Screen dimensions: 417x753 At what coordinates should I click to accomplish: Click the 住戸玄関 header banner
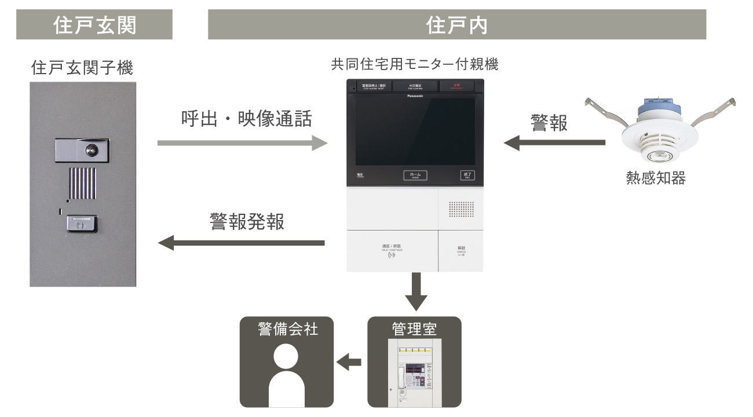click(94, 24)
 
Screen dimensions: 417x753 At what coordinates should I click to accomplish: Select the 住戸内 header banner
click(456, 24)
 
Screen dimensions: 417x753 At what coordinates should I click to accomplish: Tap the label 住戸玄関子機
click(82, 69)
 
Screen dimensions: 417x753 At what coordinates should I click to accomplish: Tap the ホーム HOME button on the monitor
click(415, 175)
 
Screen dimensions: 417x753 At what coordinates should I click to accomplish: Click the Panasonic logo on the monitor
click(415, 96)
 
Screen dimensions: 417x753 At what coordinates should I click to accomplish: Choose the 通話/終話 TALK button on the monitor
click(392, 251)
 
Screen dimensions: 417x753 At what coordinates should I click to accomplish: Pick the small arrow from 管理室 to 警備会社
click(349, 363)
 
